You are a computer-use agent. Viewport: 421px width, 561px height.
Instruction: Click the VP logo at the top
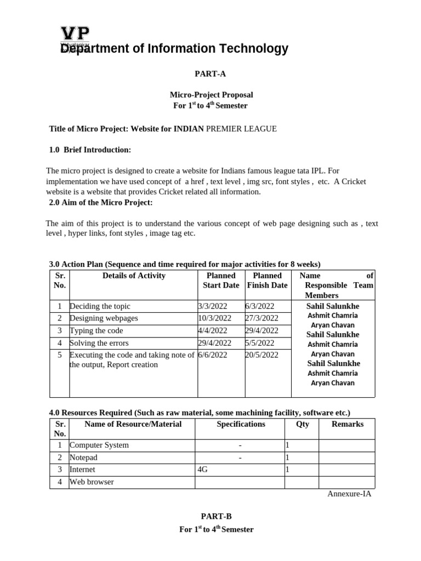click(x=75, y=33)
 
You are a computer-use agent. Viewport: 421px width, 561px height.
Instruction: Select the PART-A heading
click(x=211, y=74)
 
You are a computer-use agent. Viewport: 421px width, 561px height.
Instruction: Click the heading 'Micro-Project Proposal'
click(x=211, y=95)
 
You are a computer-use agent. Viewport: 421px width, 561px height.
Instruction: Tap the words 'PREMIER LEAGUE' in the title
click(x=241, y=129)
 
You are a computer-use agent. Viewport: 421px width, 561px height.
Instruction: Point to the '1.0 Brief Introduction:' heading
click(x=90, y=150)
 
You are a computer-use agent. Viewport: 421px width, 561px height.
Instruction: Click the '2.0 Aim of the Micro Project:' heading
click(x=101, y=203)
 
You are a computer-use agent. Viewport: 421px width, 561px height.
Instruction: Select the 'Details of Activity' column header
click(x=134, y=276)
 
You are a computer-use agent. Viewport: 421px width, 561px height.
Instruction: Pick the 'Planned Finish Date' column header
click(x=267, y=280)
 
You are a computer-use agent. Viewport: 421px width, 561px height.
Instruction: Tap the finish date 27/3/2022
click(x=263, y=318)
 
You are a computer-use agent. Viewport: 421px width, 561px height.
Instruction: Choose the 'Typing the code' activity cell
click(x=96, y=330)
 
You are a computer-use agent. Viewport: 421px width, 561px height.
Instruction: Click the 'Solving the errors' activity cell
click(x=99, y=343)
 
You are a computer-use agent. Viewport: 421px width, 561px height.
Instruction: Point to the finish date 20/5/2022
click(x=263, y=355)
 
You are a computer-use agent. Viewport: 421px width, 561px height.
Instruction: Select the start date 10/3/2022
click(x=215, y=318)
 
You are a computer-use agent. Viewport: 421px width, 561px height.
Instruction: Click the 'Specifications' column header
click(x=241, y=424)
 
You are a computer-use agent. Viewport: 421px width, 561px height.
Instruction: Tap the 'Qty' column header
click(x=302, y=424)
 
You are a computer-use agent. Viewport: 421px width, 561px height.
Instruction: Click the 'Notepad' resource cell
click(x=83, y=457)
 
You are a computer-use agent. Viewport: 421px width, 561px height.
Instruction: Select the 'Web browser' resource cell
click(x=92, y=482)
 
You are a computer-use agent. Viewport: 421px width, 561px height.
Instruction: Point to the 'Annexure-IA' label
click(x=349, y=494)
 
